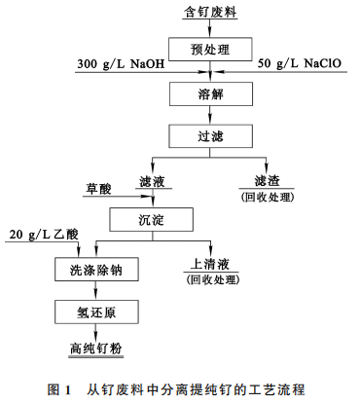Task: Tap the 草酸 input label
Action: pos(100,186)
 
